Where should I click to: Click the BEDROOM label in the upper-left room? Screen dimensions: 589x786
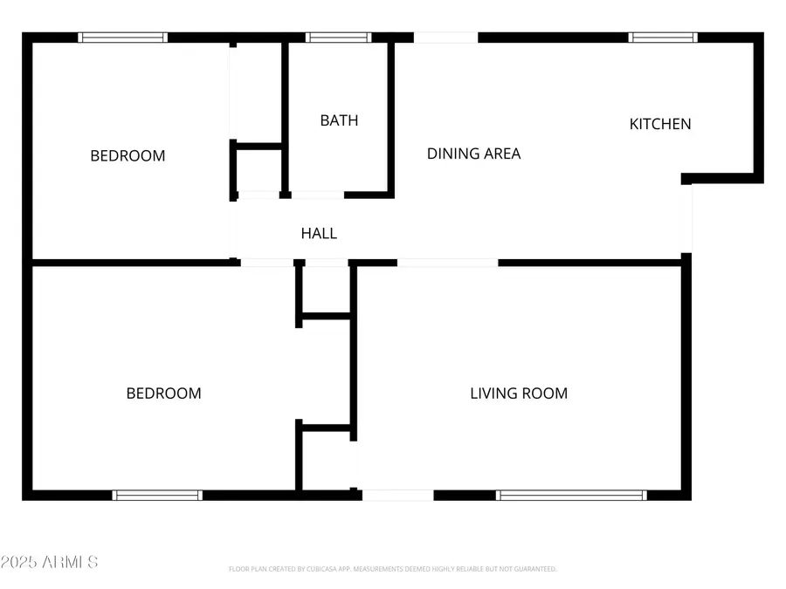128,156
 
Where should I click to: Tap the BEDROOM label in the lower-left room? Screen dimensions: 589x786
163,394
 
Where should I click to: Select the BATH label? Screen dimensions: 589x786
339,120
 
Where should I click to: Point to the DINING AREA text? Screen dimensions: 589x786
473,154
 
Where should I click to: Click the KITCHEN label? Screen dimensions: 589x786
660,124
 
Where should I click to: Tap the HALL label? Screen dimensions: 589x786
319,233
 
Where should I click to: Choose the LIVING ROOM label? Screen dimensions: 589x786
519,394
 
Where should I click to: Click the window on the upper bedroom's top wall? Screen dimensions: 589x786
122,38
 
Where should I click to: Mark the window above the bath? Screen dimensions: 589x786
338,38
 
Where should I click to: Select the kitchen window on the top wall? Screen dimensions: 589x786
664,38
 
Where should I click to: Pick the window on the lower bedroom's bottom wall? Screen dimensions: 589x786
158,495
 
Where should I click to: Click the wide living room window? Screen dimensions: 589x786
571,495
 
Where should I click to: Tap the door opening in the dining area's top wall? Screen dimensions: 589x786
445,38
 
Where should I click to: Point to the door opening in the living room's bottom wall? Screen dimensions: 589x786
397,495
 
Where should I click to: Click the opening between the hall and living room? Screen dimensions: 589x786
447,262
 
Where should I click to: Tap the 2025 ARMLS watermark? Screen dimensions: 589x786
49,562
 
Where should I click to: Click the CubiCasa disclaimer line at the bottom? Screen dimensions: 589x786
392,569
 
